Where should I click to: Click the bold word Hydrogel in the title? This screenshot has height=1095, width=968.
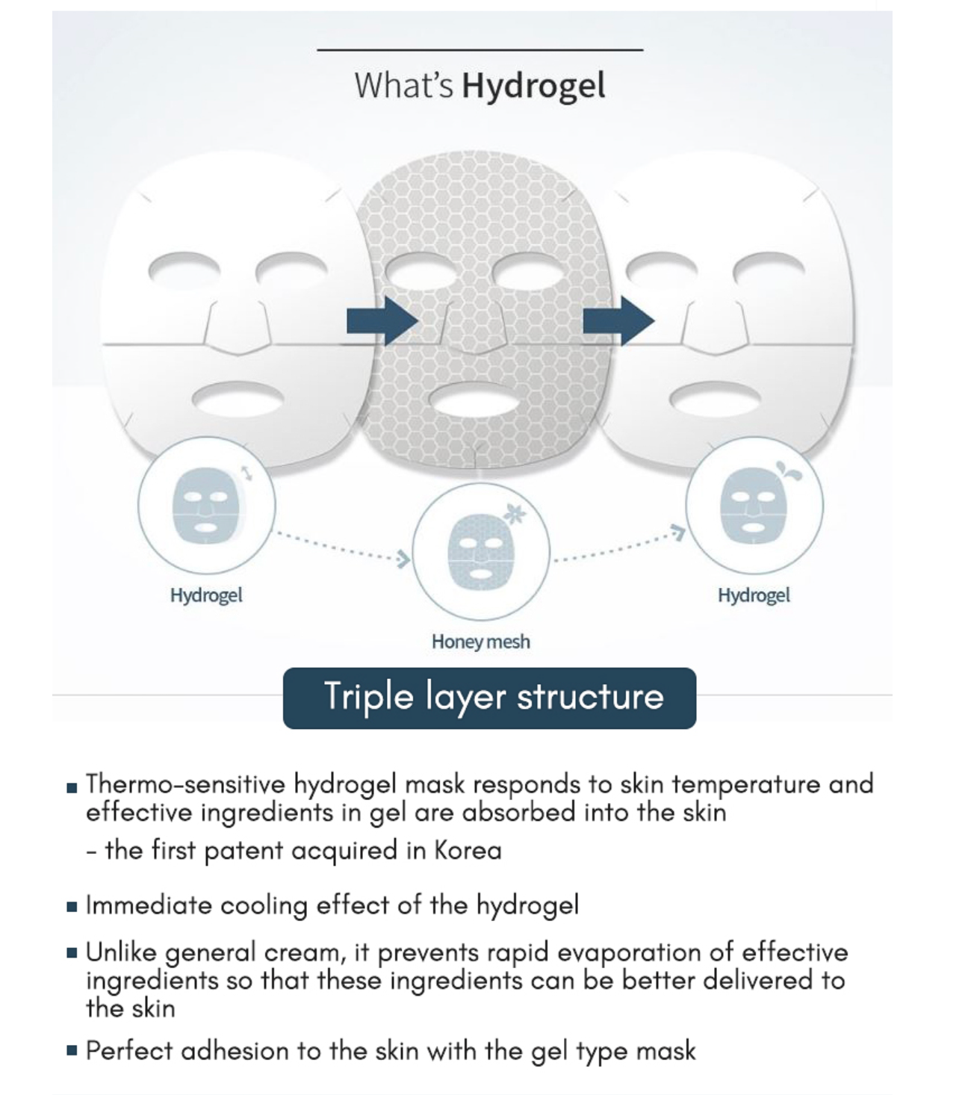[533, 85]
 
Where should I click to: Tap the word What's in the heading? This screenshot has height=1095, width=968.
[403, 85]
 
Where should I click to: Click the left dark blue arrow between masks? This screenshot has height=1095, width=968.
[382, 321]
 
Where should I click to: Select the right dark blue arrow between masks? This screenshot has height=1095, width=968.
[618, 321]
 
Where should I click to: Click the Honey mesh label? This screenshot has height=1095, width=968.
[480, 642]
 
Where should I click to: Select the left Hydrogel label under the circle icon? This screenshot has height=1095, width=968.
[206, 595]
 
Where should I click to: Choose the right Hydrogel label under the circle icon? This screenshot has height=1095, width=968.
[754, 595]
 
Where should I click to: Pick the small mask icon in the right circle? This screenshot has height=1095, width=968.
[754, 505]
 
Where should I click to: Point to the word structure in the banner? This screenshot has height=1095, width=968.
[590, 697]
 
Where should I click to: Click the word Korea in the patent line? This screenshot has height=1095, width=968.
[468, 851]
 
